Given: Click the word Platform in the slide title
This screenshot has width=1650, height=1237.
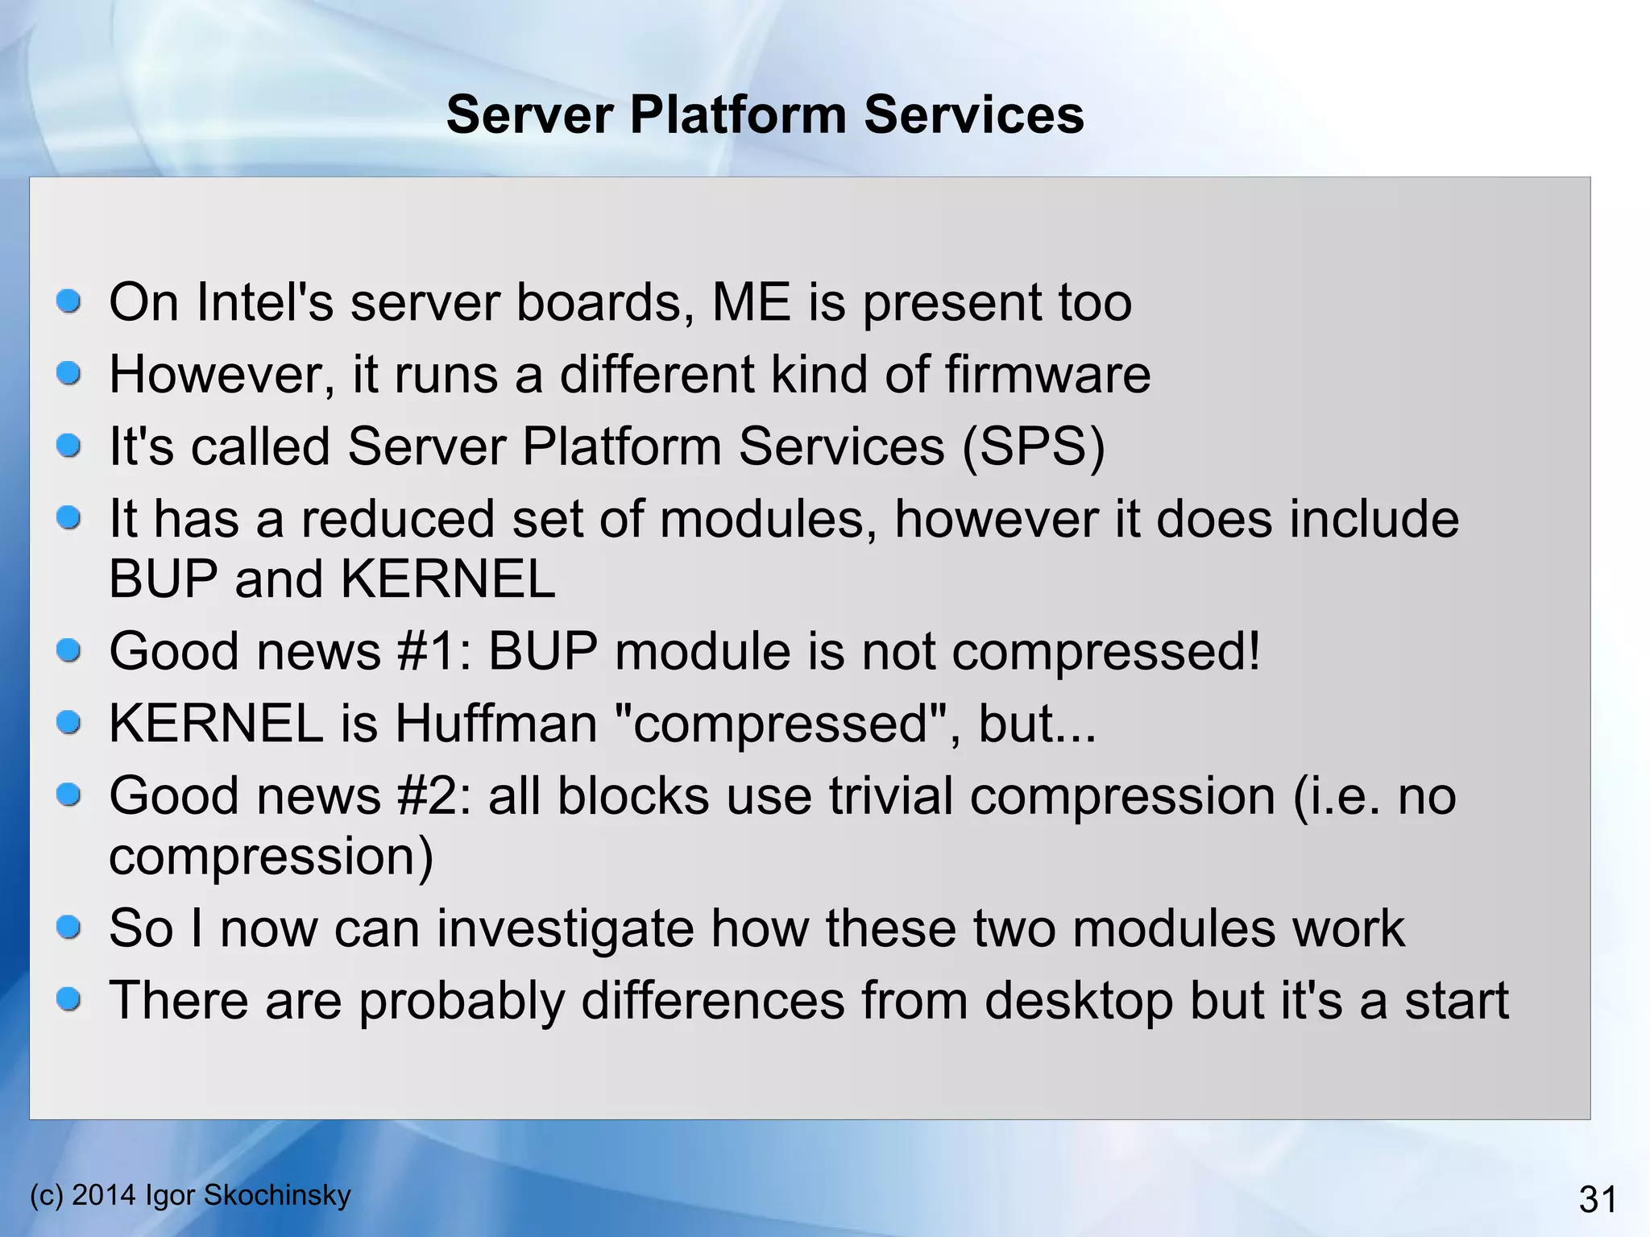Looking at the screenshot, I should pyautogui.click(x=736, y=114).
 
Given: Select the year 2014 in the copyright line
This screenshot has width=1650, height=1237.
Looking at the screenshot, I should pyautogui.click(x=104, y=1194).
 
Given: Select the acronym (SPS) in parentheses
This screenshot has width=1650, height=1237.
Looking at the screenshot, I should pyautogui.click(x=1034, y=446).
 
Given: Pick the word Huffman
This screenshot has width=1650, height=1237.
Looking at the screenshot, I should pyautogui.click(x=495, y=723).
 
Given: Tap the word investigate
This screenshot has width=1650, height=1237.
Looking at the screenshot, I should pyautogui.click(x=565, y=928).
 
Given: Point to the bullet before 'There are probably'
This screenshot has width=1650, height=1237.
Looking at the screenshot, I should pyautogui.click(x=69, y=1000).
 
